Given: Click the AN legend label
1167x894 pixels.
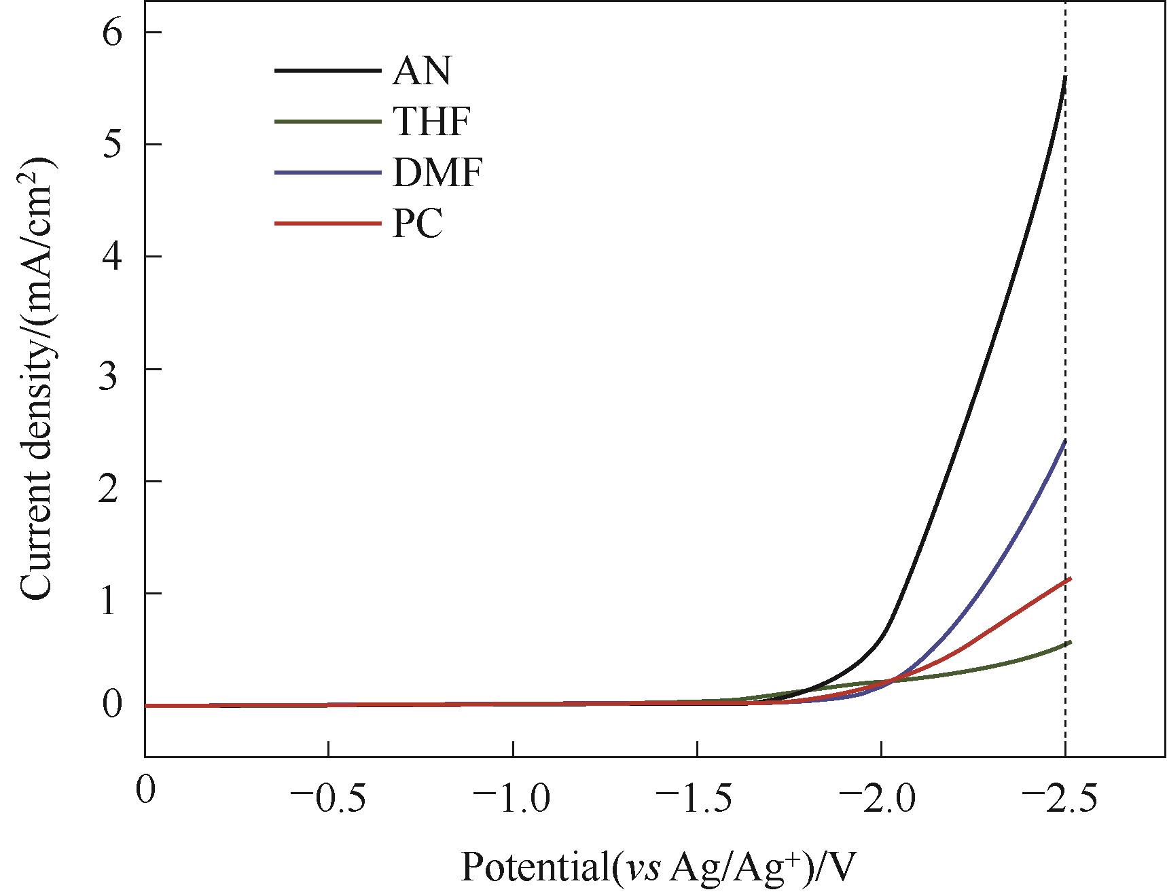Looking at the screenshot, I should (421, 71).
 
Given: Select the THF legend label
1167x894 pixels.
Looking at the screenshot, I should (431, 122).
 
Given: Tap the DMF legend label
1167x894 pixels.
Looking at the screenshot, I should (437, 174).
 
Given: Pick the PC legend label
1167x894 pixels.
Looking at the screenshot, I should (417, 225).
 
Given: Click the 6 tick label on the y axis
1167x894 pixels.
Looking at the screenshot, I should (113, 33).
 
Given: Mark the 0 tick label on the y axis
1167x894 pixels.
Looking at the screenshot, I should (113, 705).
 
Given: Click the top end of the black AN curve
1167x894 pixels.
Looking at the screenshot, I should (1065, 77).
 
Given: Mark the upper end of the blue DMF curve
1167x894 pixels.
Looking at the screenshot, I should (1065, 440).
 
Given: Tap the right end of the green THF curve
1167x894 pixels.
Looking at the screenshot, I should (1070, 642).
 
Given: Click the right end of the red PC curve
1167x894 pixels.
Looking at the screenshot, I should (1070, 579).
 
